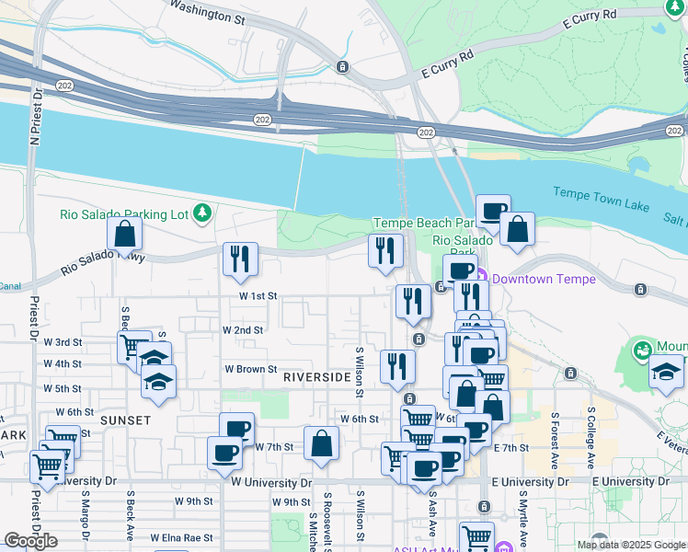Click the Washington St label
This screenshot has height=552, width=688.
209,12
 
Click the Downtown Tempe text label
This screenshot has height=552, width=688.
544,279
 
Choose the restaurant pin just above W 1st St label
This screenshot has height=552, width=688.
241,259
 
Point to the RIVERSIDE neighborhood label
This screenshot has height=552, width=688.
316,377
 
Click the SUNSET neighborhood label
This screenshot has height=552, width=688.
126,420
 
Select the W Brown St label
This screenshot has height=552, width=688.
251,369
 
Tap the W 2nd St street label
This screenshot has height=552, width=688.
243,329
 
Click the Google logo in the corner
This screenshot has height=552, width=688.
30,541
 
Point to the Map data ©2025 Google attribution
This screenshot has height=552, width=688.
631,545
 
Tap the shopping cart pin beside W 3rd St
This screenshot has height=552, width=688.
134,347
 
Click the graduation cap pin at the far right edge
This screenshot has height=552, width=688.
666,372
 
